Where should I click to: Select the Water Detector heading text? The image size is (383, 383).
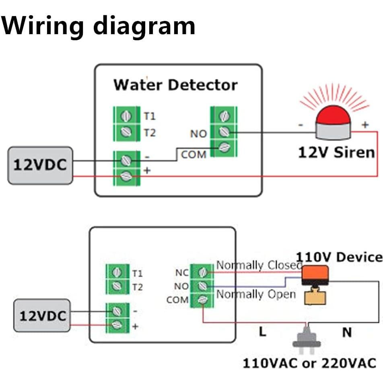[x=175, y=85]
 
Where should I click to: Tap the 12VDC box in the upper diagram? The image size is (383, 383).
[x=40, y=165]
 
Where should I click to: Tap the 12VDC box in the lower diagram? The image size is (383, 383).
[x=42, y=315]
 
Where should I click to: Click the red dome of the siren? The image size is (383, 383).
[x=334, y=115]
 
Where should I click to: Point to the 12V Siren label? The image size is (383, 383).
[x=336, y=152]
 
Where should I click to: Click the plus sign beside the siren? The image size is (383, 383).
[x=364, y=125]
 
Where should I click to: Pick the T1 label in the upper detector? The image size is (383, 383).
[x=150, y=116]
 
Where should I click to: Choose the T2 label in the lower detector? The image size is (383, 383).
[x=137, y=287]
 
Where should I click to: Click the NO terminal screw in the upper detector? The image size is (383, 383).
[x=224, y=132]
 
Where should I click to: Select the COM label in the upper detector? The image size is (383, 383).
[x=194, y=154]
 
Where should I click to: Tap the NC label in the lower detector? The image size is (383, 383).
[x=181, y=272]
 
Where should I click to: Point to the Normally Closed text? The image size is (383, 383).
[x=259, y=266]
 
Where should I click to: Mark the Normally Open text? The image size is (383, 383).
[x=256, y=294]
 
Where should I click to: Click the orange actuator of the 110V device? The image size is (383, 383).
[x=315, y=273]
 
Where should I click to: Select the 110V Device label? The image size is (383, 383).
[x=339, y=257]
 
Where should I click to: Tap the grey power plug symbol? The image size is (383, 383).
[x=307, y=337]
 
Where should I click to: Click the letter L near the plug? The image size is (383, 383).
[x=262, y=332]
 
